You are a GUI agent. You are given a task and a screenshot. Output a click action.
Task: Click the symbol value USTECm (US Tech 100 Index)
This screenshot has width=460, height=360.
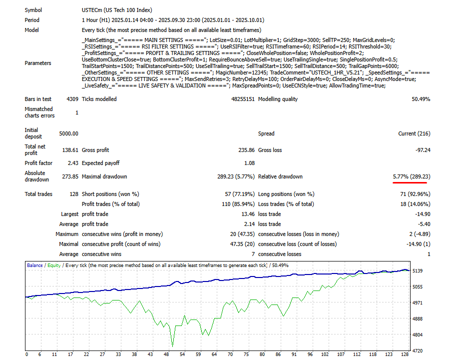point(117,10)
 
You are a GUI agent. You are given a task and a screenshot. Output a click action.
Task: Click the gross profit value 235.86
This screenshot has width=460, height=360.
point(245,150)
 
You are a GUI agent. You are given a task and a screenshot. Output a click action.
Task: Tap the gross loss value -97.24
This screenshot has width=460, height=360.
point(422,150)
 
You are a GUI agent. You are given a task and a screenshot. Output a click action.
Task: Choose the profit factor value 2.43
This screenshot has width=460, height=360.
point(71,163)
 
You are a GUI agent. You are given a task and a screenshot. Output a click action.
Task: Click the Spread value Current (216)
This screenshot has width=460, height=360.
point(414,133)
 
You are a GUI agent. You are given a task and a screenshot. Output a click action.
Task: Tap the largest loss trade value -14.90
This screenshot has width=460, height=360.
point(422,214)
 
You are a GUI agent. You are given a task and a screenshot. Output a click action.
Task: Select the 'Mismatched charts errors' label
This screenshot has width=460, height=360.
point(39,112)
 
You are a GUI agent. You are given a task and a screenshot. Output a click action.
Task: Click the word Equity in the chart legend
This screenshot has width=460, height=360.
point(54,265)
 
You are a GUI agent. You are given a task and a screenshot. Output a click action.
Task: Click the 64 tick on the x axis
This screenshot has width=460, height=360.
point(214,354)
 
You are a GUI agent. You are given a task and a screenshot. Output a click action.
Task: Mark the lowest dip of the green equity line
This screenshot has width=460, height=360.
point(173,345)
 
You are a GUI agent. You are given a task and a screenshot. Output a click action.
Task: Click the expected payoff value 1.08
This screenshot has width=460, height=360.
point(249,163)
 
